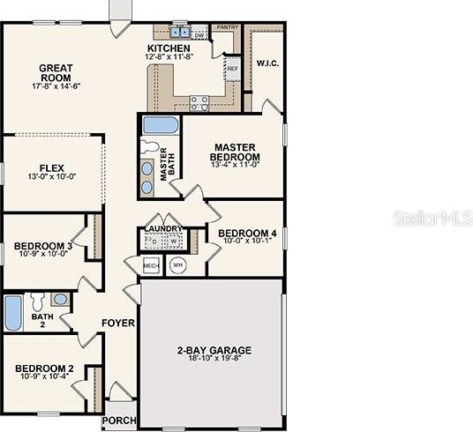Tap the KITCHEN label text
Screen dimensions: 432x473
pos(169,48)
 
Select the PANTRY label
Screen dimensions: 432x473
pos(228,27)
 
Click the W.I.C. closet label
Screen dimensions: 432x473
pos(266,63)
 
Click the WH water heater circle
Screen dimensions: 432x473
pos(177,264)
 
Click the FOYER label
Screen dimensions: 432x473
pos(116,323)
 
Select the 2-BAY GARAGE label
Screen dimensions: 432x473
pos(210,349)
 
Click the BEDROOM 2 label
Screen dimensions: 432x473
pos(43,368)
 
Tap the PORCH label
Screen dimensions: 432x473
pos(118,421)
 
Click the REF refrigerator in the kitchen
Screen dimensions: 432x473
pos(232,68)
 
